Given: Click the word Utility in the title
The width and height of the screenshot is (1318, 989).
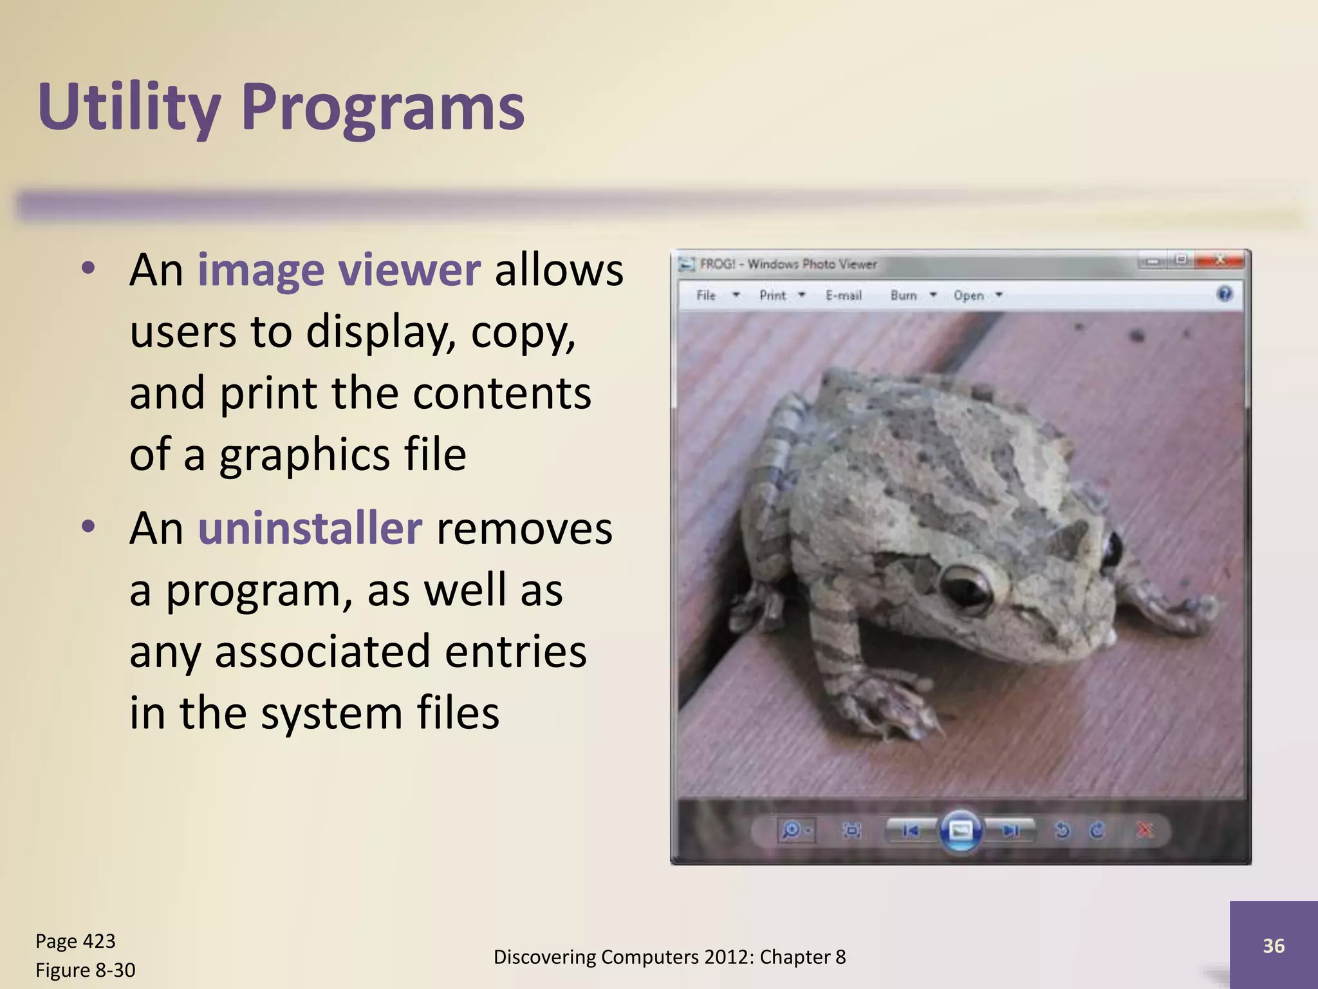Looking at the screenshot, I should coord(129,108).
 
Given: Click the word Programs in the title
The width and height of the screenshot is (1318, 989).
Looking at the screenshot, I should coord(383,108).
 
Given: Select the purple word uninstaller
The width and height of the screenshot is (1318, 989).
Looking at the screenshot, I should coord(310,529).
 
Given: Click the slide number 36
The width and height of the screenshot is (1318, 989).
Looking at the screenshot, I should coord(1273,945).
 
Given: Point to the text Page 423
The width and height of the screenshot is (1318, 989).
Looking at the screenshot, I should coord(75,941).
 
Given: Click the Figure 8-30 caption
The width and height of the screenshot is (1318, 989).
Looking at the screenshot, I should coord(85,970).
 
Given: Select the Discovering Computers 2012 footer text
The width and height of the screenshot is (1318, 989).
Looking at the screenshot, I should coord(669,957).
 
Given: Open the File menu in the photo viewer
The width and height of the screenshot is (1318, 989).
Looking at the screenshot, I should coord(706,295).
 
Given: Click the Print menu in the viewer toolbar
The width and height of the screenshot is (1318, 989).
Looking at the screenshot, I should coord(772,295).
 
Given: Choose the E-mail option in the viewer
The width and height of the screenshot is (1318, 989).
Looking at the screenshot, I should coord(843,295).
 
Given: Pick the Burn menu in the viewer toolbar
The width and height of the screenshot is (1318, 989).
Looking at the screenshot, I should coord(904,295).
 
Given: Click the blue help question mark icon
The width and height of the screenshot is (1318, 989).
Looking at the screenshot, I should coord(1225,294).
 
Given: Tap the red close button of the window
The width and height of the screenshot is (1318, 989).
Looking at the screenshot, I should coord(1220,260).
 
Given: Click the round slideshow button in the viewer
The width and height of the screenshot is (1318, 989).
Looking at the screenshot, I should coord(960,831).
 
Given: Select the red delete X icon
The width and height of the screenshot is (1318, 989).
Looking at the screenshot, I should coord(1145,831).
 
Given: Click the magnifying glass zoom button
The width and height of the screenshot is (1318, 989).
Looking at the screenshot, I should coord(791,831).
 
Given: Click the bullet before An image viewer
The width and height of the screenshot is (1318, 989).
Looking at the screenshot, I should coord(89,268).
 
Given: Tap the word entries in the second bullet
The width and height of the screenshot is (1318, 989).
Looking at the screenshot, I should coord(515,651).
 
